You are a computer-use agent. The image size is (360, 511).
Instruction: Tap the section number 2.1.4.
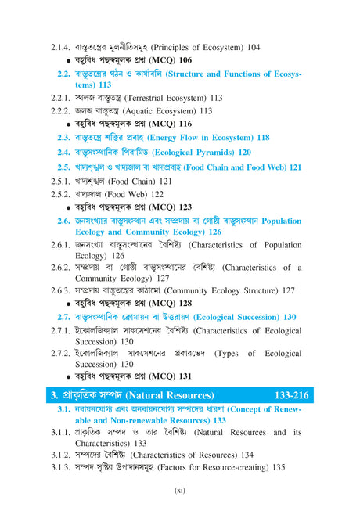(63, 48)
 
